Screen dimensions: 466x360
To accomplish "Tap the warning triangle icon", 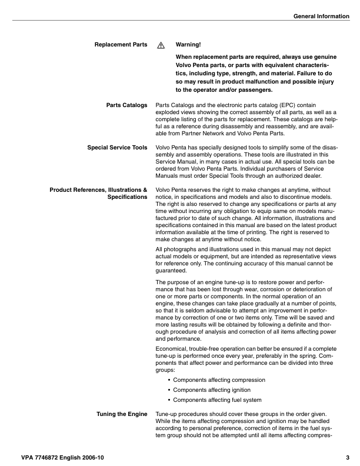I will [160, 45].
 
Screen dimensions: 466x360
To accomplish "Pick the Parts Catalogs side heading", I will [126, 105].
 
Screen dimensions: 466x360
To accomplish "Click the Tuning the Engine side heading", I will [122, 415].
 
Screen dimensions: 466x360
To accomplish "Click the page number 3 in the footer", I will [348, 457].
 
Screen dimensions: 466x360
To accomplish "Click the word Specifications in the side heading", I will [127, 197].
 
